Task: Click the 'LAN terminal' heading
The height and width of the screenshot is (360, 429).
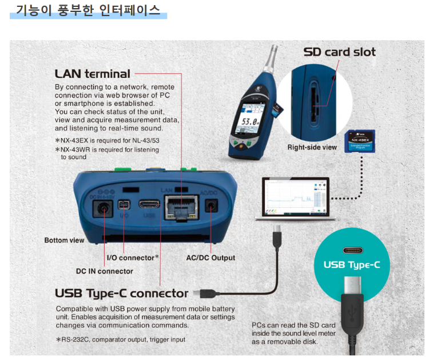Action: click(93, 74)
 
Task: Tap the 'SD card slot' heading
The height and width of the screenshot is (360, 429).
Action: click(339, 52)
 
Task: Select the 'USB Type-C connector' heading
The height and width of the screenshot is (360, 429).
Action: click(121, 293)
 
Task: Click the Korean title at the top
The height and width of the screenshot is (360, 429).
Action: click(88, 10)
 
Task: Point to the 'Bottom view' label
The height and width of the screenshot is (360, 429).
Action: click(64, 240)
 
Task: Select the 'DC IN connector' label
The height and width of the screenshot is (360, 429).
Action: click(104, 271)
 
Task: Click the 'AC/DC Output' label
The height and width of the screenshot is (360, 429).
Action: click(210, 258)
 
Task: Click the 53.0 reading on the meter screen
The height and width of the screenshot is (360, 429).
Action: click(248, 122)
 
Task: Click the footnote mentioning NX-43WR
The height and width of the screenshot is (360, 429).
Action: click(107, 153)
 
